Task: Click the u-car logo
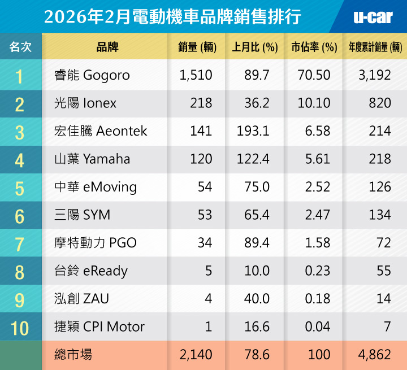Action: pyautogui.click(x=373, y=17)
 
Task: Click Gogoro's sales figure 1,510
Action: pyautogui.click(x=196, y=75)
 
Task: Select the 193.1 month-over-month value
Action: pyautogui.click(x=253, y=131)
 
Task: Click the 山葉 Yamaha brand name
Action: pyautogui.click(x=90, y=159)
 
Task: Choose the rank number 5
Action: pyautogui.click(x=20, y=188)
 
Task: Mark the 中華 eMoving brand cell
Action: pyautogui.click(x=93, y=187)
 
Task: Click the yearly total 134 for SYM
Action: pyautogui.click(x=379, y=215)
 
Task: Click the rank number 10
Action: pyautogui.click(x=20, y=327)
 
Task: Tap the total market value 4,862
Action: pyautogui.click(x=374, y=355)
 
